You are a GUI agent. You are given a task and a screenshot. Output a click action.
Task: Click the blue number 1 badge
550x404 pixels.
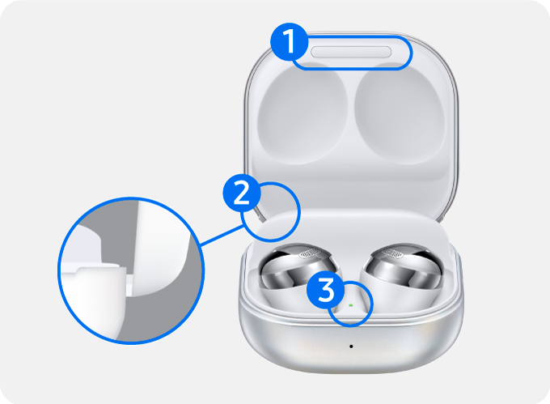tap(290, 42)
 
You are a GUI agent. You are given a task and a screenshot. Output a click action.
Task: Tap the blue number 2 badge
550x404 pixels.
tap(242, 193)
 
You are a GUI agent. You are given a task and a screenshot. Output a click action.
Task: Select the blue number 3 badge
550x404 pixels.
tap(325, 290)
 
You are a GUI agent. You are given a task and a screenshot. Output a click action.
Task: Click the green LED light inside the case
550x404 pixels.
tap(351, 305)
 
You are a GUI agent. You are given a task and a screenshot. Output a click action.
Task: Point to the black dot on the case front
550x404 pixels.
tap(351, 347)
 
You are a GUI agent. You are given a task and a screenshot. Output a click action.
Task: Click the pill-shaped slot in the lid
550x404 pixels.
tap(351, 52)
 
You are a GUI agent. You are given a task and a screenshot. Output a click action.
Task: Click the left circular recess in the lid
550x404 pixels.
tap(302, 114)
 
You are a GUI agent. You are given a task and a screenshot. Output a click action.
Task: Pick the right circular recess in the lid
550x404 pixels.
tap(400, 114)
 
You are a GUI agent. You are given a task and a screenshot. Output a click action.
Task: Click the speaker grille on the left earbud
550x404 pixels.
tap(310, 253)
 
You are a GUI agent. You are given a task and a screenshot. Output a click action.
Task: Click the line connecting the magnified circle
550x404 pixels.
tap(221, 236)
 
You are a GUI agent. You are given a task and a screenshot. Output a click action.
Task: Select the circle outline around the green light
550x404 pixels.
tap(371, 304)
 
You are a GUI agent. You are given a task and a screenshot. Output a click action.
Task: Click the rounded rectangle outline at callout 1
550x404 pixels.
tap(412, 53)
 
